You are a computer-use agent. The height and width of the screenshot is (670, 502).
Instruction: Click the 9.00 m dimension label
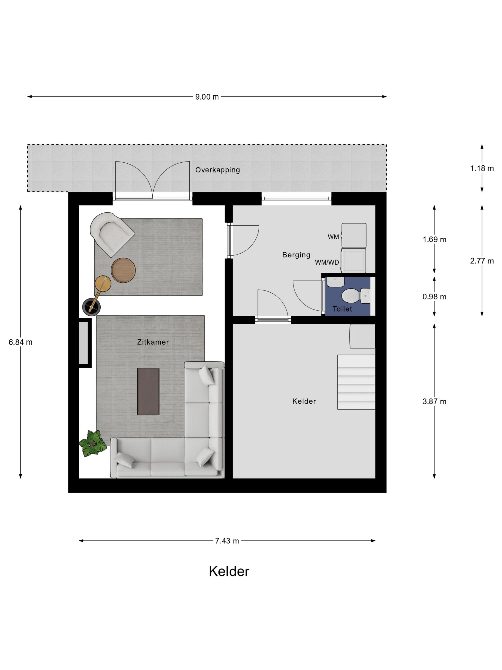[x=207, y=97]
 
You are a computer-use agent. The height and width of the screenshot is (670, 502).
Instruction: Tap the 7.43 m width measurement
[x=227, y=541]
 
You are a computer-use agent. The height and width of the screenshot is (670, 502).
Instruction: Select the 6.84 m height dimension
[x=21, y=342]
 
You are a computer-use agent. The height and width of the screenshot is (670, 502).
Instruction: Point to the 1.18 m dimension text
[x=482, y=168]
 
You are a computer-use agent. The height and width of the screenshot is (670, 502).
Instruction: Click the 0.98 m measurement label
[x=434, y=297]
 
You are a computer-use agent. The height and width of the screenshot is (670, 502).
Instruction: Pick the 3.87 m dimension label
[x=434, y=402]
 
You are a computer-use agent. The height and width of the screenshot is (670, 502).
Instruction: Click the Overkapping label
[x=218, y=170]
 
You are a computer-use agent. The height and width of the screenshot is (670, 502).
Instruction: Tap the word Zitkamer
[x=153, y=342]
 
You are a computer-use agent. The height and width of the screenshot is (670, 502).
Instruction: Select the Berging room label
[x=296, y=255]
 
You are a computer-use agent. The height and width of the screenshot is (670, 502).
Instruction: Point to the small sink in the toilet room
[x=335, y=281]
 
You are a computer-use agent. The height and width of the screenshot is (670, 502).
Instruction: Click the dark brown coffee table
[x=148, y=391]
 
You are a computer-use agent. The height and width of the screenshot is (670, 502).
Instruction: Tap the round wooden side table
[x=123, y=271]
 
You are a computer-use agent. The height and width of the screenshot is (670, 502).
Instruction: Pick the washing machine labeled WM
[x=354, y=235]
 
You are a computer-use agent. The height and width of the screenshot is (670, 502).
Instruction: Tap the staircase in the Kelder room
[x=356, y=382]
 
